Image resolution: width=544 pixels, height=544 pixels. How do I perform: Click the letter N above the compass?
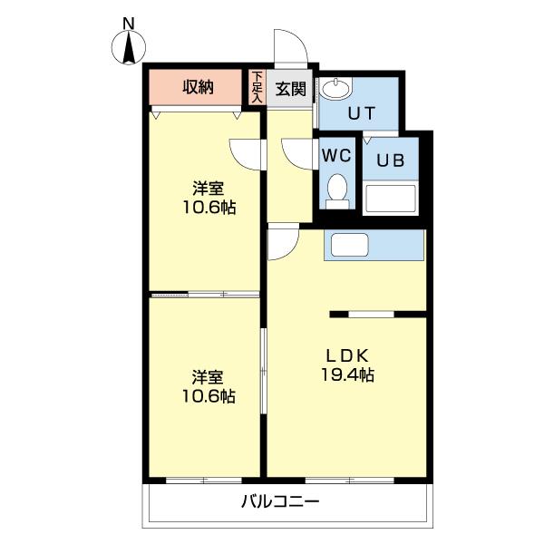pyautogui.click(x=129, y=22)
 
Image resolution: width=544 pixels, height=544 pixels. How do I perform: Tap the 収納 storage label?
pyautogui.click(x=198, y=87)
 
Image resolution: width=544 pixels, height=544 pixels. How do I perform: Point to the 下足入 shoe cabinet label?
pyautogui.click(x=257, y=87)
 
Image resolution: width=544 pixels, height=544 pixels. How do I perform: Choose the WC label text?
pyautogui.click(x=336, y=153)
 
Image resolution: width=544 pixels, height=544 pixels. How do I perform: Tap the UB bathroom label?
pyautogui.click(x=391, y=161)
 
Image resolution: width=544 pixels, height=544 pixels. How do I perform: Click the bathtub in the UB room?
pyautogui.click(x=390, y=199)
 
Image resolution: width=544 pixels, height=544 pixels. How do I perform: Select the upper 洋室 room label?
pyautogui.click(x=208, y=189)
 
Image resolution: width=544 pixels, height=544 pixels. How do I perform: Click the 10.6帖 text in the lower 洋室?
pyautogui.click(x=208, y=396)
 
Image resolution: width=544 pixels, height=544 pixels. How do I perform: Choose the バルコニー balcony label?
pyautogui.click(x=281, y=501)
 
